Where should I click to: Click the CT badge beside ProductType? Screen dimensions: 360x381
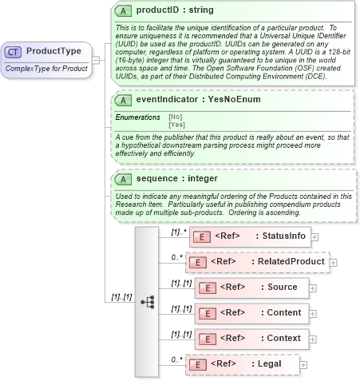[x=14, y=52]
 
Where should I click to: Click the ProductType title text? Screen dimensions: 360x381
[x=53, y=52]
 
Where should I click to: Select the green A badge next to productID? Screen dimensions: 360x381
[x=123, y=11]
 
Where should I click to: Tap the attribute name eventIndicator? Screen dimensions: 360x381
[x=167, y=101]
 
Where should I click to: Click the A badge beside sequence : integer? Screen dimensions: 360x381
[x=123, y=178]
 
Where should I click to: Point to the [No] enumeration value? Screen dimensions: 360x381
[x=174, y=117]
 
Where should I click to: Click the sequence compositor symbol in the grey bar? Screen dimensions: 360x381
[x=147, y=302]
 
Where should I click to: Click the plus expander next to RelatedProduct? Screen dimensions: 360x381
[x=333, y=262]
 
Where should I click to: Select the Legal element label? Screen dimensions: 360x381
[x=272, y=364]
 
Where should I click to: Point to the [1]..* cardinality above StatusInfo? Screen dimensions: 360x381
[x=178, y=232]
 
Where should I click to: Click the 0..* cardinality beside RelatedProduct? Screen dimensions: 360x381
[x=177, y=257]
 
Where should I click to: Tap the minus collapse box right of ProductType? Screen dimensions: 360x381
[x=97, y=58]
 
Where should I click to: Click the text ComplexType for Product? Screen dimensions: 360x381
[x=46, y=69]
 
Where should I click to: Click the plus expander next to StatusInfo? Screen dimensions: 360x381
[x=315, y=236]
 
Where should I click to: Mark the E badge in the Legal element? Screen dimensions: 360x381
[x=195, y=364]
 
